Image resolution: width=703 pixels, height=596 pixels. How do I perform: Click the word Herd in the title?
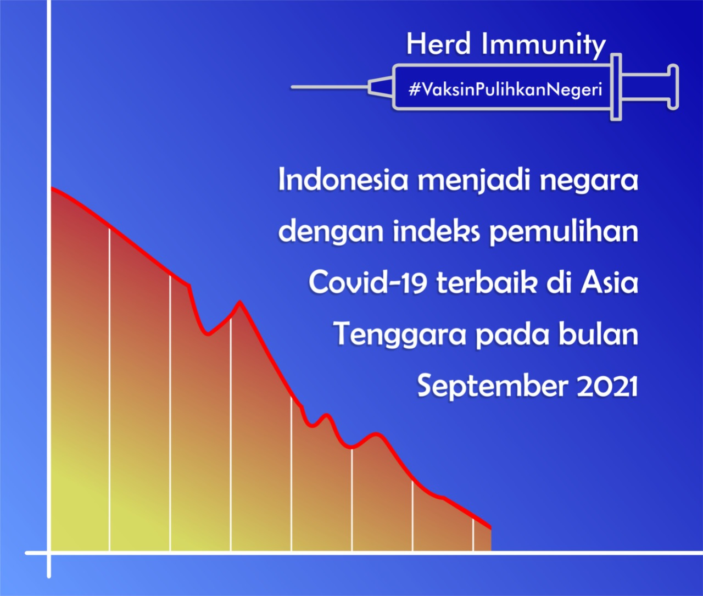pos(438,44)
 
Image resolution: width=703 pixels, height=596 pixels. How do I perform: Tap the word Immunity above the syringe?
pos(544,46)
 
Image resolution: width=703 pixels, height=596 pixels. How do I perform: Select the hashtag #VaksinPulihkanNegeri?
pos(505,90)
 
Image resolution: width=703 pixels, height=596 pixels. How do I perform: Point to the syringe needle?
pos(329,87)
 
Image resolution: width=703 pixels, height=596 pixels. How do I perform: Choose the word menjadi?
pos(474,181)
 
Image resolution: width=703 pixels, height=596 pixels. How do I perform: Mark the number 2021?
pos(607,386)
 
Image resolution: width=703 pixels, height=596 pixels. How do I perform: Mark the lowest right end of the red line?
pos(490,528)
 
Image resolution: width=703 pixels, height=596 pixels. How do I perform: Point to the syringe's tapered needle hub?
pos(381,87)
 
